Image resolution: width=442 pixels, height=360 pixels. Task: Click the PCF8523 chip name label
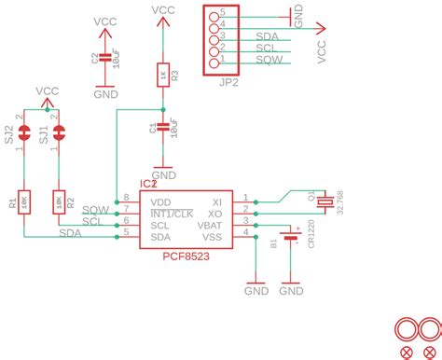point(186,256)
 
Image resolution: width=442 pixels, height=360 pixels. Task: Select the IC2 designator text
point(148,186)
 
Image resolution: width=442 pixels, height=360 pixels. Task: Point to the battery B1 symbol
point(291,239)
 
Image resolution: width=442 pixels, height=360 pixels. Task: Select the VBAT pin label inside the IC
point(210,226)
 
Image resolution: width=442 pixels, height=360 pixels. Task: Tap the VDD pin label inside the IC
point(161,201)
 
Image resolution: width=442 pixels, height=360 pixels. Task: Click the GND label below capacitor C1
point(163,174)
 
